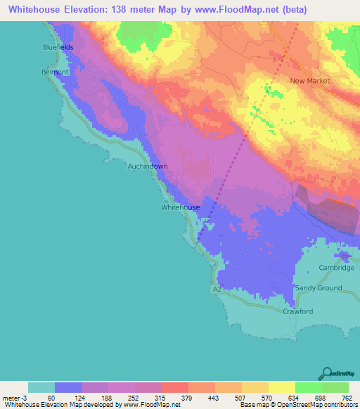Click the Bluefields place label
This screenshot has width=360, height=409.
tap(57, 47)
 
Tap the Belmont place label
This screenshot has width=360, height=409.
tap(55, 72)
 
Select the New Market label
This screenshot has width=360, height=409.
tap(310, 81)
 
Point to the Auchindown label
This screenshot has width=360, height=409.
tap(148, 167)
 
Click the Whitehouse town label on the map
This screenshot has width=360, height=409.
tap(181, 207)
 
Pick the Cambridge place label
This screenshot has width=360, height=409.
tap(337, 268)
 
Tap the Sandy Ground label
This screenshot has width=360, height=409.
tap(318, 288)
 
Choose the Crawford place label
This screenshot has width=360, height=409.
tap(297, 311)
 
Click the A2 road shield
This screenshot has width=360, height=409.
tap(217, 289)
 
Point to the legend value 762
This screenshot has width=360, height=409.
tap(347, 397)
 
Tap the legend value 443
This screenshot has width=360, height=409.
tap(212, 397)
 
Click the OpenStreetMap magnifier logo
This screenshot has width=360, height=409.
tap(328, 373)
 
